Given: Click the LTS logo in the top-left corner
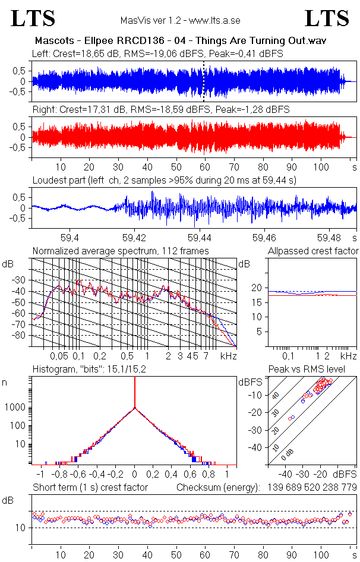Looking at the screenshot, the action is [33, 18].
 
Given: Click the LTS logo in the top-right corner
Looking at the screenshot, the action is [327, 18].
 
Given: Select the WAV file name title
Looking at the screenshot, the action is [181, 40].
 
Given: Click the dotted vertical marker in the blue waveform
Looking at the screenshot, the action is [204, 81].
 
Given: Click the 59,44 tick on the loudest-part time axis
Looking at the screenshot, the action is [199, 238].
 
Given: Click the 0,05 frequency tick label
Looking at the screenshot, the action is [59, 356].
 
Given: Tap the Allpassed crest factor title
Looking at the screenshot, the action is [313, 251].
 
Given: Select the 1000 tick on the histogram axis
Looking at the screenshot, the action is [15, 408].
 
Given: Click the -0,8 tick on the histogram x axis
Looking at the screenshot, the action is [59, 474].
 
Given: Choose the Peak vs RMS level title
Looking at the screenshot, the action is [307, 369].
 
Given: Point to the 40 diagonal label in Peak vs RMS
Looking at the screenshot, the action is [276, 395].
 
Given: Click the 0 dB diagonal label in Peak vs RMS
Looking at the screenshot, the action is [288, 454].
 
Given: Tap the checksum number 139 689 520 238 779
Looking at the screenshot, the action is [312, 487].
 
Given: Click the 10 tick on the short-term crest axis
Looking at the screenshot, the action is [20, 528].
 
